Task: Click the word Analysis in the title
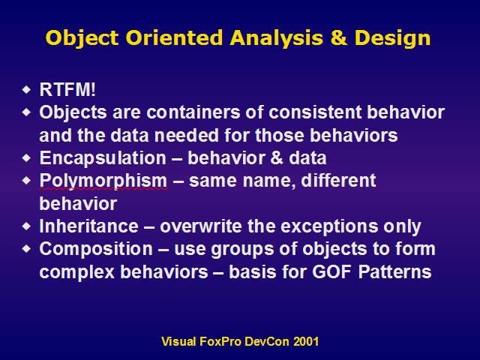point(277,39)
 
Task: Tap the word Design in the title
point(392,39)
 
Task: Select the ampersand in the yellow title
point(339,37)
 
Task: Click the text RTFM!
point(67,90)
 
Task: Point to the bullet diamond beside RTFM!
point(27,90)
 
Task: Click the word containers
point(193,112)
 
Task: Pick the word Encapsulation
point(103,158)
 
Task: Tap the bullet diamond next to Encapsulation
point(27,158)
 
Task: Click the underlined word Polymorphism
point(103,181)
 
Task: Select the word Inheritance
point(88,226)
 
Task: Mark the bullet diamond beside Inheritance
point(27,226)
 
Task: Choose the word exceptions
point(329,227)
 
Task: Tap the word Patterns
point(395,271)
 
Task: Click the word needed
point(187,135)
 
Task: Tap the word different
point(338,180)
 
